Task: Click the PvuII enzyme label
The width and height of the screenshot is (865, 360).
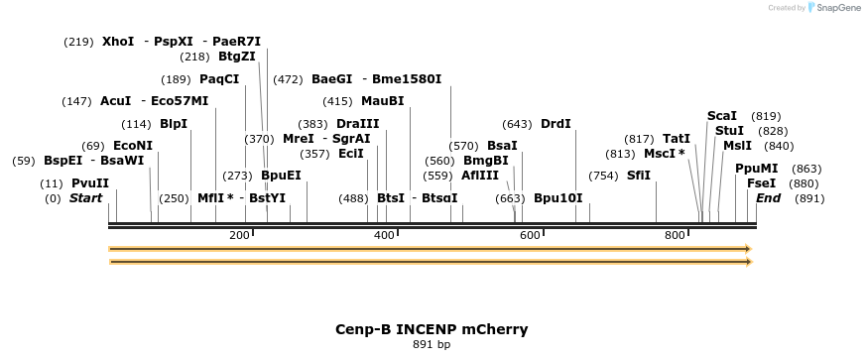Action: click(89, 183)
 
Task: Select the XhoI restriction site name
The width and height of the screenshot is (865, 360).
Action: click(118, 42)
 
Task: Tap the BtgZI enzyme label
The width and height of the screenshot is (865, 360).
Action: click(236, 58)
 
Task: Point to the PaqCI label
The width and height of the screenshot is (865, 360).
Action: click(219, 79)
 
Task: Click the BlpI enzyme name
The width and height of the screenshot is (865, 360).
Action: click(174, 124)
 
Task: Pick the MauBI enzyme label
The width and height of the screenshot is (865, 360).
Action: click(383, 101)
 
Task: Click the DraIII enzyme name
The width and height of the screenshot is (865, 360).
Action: click(358, 124)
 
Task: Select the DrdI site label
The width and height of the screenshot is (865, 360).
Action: click(556, 124)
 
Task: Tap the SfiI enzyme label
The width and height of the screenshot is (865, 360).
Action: click(639, 176)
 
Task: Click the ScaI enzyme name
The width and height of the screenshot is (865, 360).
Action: click(722, 116)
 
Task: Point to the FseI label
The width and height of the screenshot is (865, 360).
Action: click(762, 183)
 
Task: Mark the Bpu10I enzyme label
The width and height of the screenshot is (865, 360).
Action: click(558, 198)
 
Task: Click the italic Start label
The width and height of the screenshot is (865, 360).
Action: click(85, 198)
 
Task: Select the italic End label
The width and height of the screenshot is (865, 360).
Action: click(768, 198)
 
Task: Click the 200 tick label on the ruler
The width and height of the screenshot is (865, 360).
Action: click(239, 235)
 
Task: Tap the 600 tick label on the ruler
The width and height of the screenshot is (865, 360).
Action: click(530, 235)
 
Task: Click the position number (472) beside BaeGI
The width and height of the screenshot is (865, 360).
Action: click(288, 79)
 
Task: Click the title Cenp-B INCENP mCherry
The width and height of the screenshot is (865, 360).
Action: click(432, 329)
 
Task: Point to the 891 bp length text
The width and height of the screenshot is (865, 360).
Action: click(432, 345)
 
